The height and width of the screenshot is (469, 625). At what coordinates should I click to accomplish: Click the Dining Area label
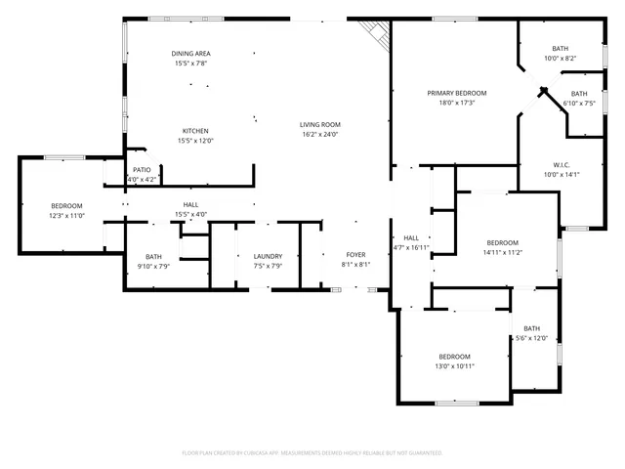[191, 54]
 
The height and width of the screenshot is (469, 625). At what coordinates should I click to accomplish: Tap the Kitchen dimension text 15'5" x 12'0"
[194, 141]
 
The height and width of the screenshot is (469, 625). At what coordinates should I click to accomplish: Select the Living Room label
[319, 124]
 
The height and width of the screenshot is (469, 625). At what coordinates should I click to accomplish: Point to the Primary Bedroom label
[456, 93]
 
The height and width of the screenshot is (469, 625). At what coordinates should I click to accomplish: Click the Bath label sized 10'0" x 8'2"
[560, 49]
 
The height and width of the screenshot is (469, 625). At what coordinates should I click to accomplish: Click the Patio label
[143, 170]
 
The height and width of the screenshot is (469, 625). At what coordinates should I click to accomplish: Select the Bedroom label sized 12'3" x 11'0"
[67, 205]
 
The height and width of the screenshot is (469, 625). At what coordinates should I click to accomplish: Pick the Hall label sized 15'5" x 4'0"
[191, 204]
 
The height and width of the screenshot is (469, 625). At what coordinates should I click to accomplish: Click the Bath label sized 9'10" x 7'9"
[154, 256]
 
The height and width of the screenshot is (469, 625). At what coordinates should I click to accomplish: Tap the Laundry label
[268, 256]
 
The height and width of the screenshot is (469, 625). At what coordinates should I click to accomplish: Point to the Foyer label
[355, 255]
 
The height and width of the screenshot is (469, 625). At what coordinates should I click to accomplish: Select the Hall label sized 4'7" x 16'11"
[411, 237]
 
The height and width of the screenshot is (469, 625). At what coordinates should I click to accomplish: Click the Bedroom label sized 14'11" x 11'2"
[503, 242]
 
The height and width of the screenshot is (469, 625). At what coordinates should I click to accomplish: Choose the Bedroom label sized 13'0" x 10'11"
[454, 356]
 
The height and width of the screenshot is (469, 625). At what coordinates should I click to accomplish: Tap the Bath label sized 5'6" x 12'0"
[531, 328]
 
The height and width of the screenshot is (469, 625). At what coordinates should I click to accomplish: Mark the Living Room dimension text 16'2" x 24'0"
[319, 134]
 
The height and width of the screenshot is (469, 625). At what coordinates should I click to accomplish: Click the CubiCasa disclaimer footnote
[312, 452]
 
